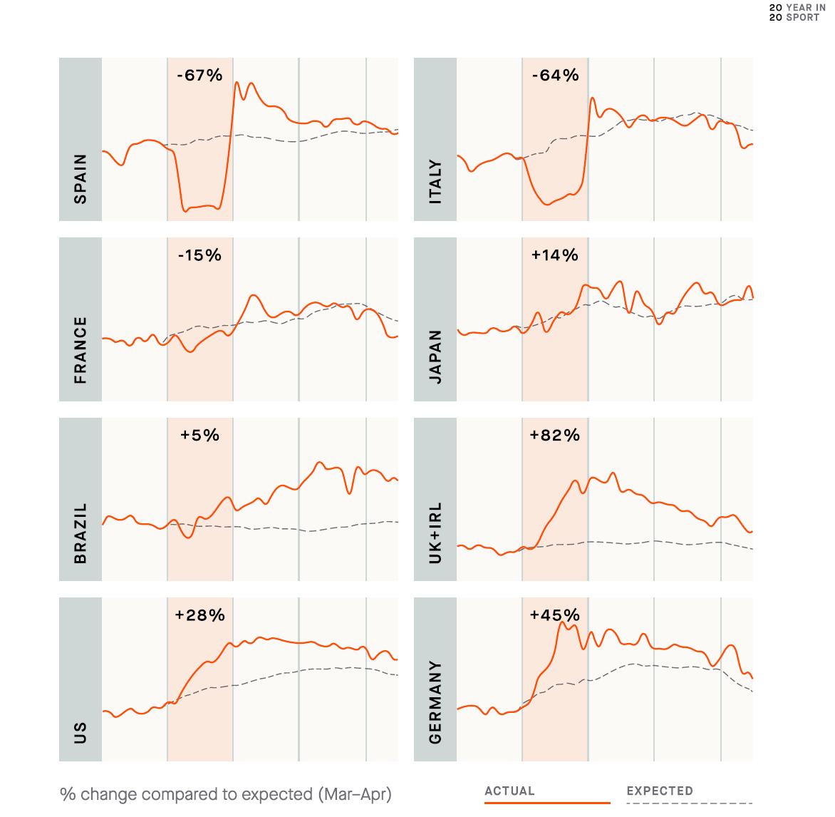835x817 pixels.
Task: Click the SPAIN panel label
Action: point(81,179)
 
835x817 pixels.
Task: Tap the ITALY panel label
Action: point(435,183)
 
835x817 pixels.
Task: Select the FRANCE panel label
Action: point(81,350)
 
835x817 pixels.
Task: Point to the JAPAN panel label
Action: point(435,356)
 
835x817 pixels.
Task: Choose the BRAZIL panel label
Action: point(81,533)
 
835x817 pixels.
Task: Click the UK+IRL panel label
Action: point(435,533)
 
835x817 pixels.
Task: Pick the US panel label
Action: point(81,732)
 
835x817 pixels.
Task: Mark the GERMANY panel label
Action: point(435,702)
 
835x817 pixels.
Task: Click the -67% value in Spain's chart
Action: point(199,76)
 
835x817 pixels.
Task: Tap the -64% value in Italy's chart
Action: point(555,76)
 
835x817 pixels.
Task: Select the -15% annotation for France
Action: point(199,255)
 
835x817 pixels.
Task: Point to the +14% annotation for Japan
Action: point(555,255)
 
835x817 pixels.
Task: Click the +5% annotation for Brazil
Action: point(199,435)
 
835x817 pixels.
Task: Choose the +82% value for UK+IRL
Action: point(555,435)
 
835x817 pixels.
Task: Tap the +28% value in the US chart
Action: point(199,615)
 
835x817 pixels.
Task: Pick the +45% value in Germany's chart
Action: point(555,615)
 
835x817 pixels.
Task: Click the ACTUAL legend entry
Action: point(509,791)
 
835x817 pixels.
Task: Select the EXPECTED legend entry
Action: point(660,791)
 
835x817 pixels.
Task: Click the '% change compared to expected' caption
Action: point(226,794)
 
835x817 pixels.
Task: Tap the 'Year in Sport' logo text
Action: point(797,12)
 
